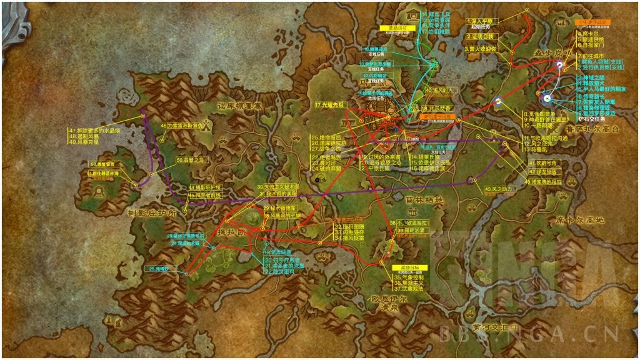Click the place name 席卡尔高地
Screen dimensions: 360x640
[x=580, y=220]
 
